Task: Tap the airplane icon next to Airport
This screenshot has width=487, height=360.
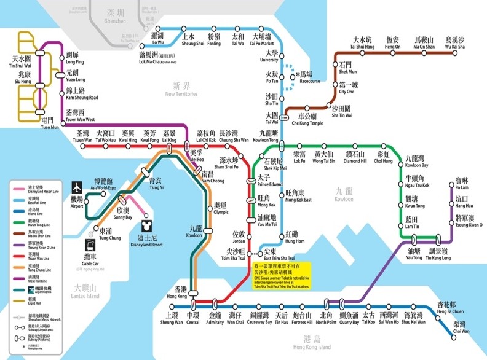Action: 77,186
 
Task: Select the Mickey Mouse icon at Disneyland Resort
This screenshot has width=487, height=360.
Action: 146,217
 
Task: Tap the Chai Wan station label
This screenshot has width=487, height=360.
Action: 460,327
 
